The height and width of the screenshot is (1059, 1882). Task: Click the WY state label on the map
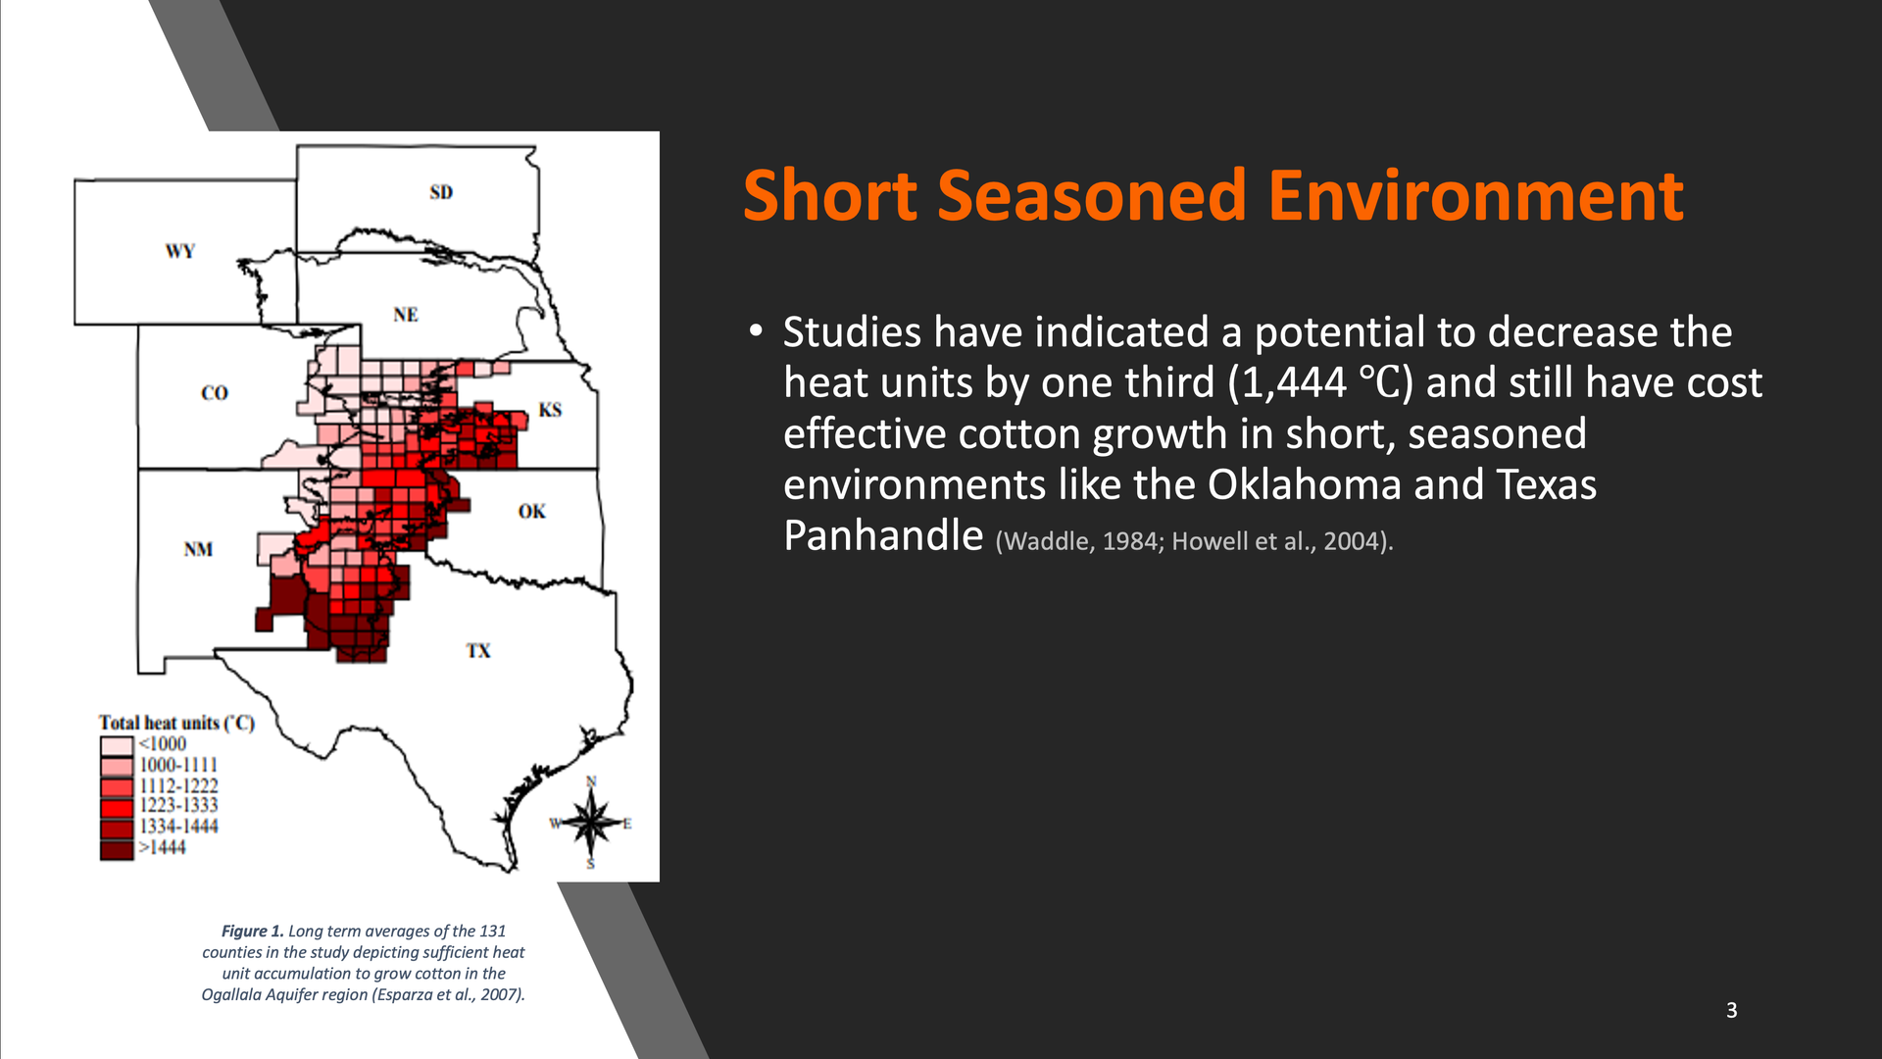(x=180, y=251)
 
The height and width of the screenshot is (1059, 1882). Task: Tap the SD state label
(x=441, y=192)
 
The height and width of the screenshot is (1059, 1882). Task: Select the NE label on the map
(x=406, y=315)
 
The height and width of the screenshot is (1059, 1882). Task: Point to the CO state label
(x=215, y=393)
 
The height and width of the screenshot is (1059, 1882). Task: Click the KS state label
(x=550, y=410)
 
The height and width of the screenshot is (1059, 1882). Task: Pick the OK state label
(x=532, y=511)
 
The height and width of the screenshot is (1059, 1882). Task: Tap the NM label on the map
(x=198, y=549)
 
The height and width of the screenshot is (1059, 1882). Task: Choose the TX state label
(x=478, y=651)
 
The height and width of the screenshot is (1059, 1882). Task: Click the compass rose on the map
(x=591, y=822)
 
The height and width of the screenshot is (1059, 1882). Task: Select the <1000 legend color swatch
(x=117, y=745)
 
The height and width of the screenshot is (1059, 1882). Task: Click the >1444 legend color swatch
(x=117, y=849)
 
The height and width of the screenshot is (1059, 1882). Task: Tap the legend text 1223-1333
(x=178, y=805)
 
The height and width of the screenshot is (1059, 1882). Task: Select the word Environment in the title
(x=1475, y=195)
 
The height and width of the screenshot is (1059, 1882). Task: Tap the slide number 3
(x=1732, y=1010)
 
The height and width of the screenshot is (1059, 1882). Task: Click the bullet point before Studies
(x=755, y=330)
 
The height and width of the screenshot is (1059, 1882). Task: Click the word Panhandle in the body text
(x=883, y=536)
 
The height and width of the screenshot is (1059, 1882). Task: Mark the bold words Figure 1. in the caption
(x=252, y=931)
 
